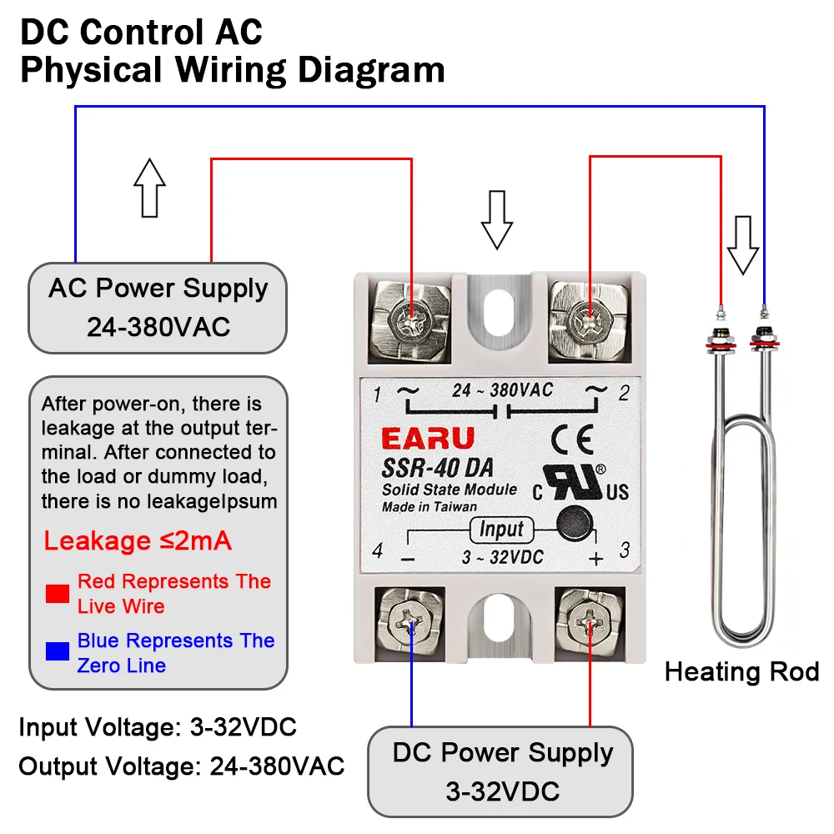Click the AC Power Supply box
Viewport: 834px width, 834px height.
[158, 308]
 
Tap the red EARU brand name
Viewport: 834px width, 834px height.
[427, 439]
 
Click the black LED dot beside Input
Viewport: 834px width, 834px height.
[573, 523]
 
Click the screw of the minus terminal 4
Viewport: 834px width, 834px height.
[411, 621]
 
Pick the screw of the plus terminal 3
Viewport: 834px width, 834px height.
[590, 621]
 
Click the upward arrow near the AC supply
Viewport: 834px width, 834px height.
[150, 188]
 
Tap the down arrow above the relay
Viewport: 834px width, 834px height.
[497, 219]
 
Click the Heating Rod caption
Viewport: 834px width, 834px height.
[741, 671]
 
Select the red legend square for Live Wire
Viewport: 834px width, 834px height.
[58, 593]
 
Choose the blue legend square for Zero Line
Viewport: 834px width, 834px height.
[58, 651]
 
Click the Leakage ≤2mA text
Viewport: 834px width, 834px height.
[138, 541]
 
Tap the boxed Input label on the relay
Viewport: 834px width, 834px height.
[501, 529]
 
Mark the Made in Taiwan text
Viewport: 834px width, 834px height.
[430, 506]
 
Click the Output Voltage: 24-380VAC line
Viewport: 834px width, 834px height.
[182, 766]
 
